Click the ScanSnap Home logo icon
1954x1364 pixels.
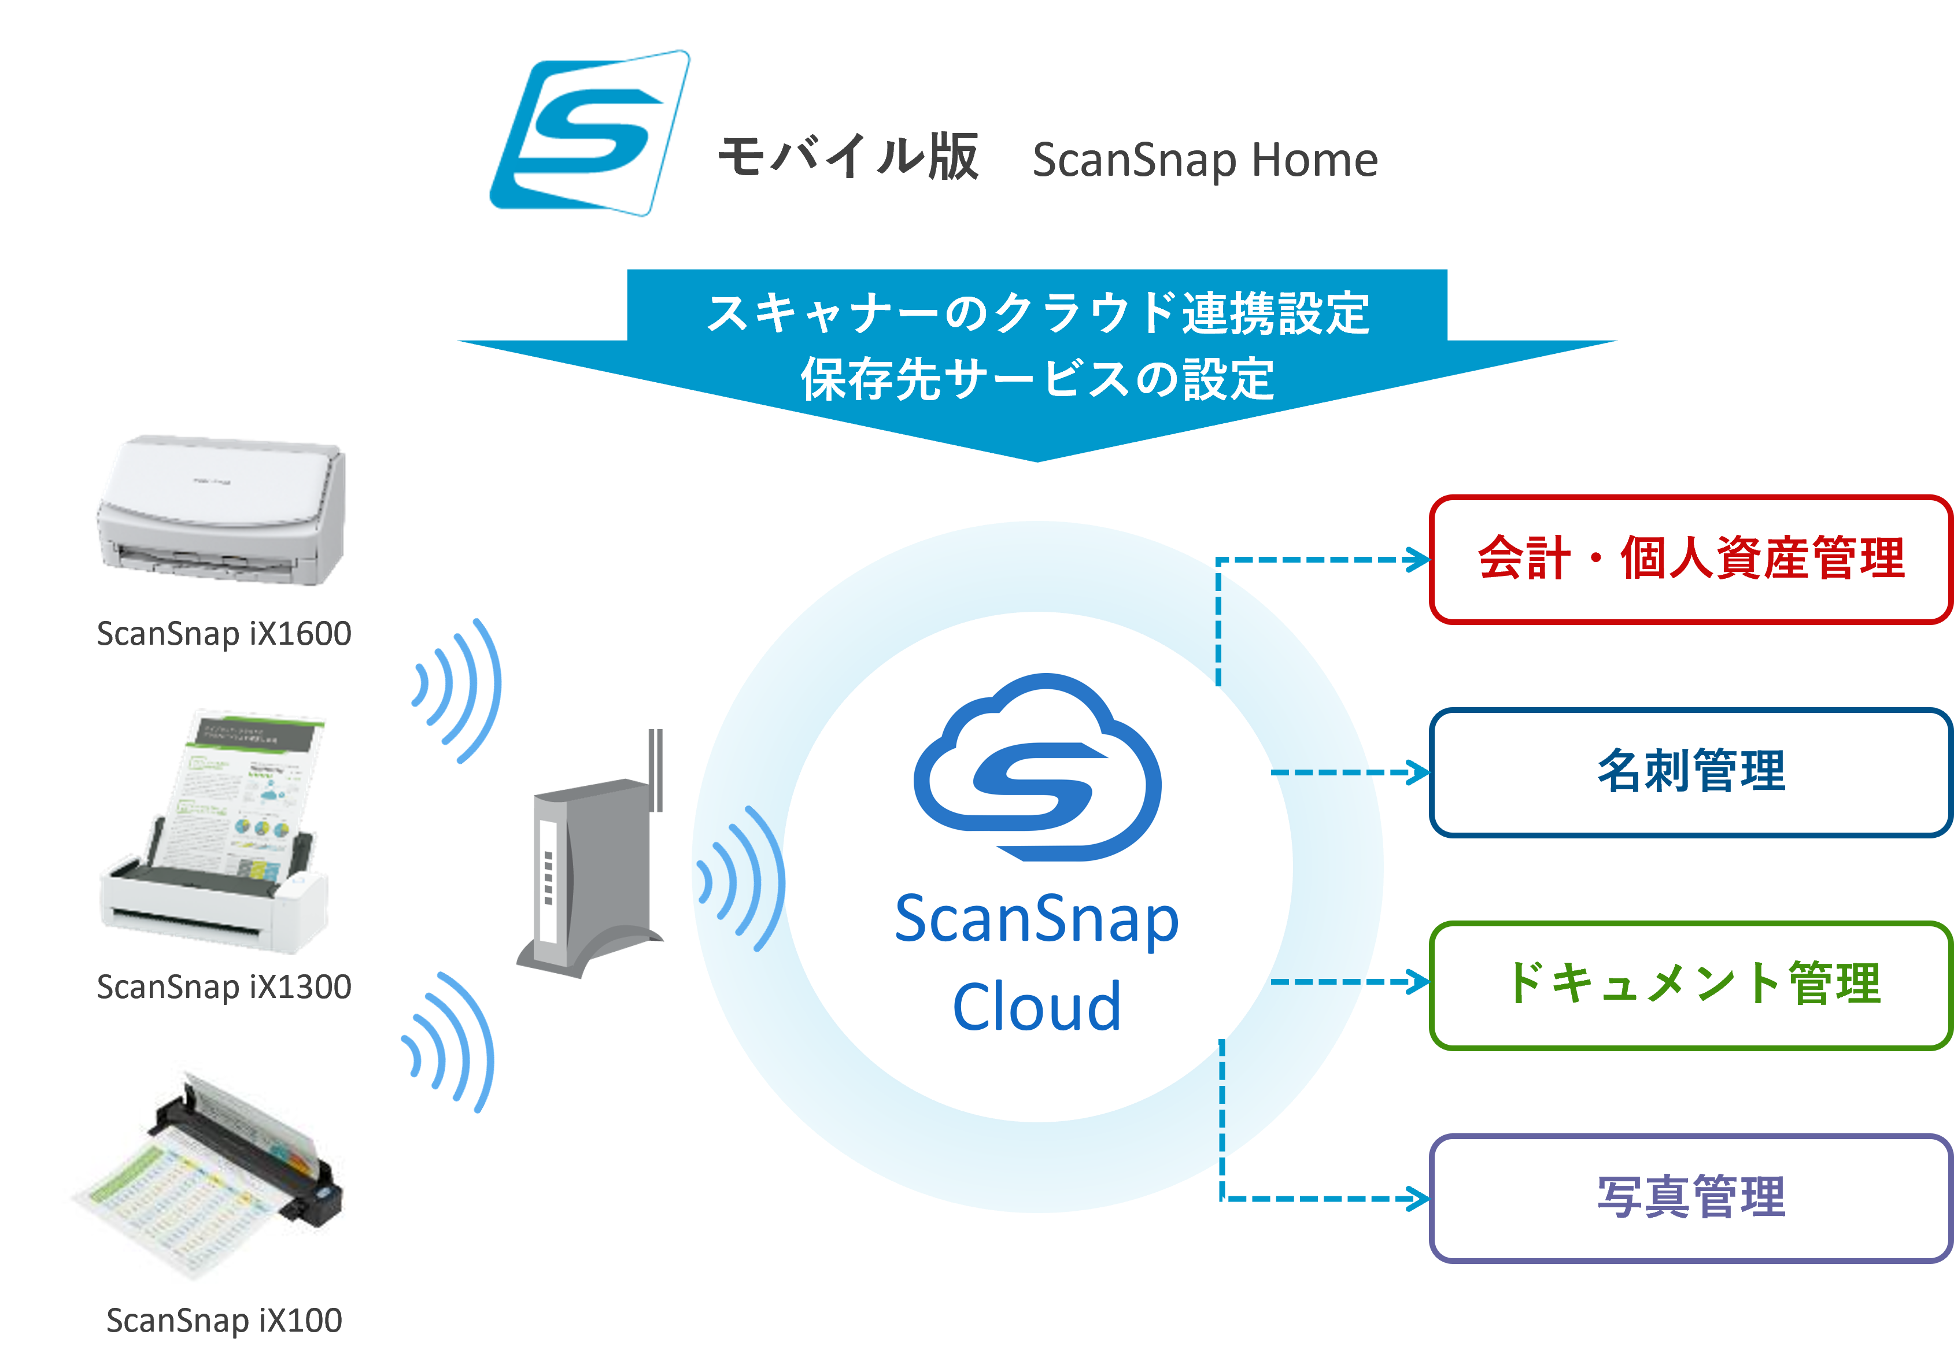click(x=590, y=133)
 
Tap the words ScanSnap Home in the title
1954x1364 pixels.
click(x=1204, y=160)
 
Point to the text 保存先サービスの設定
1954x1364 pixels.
click(x=1037, y=379)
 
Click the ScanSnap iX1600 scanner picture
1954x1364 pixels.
click(x=221, y=511)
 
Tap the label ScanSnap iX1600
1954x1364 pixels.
click(x=224, y=634)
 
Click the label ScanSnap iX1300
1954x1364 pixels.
click(x=224, y=987)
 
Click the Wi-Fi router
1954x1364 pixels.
click(x=587, y=877)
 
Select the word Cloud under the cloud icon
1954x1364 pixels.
click(x=1037, y=1007)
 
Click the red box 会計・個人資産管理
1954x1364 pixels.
click(x=1690, y=560)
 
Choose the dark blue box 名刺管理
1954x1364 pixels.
click(x=1690, y=772)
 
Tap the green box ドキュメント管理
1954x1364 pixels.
click(x=1690, y=985)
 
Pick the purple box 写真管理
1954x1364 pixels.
click(x=1690, y=1198)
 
